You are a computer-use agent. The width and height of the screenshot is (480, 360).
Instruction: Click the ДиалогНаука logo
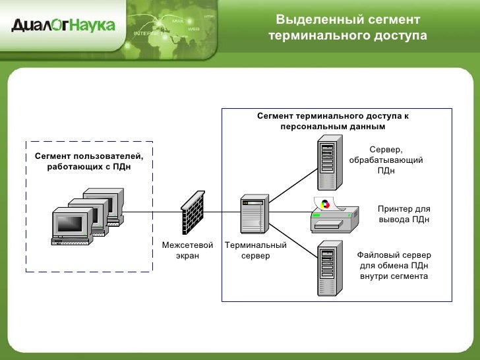click(63, 26)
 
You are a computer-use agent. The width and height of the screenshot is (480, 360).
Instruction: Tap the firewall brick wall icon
click(193, 212)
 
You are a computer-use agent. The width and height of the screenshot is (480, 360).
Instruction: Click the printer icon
click(334, 215)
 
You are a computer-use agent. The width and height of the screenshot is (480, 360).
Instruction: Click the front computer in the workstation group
click(70, 227)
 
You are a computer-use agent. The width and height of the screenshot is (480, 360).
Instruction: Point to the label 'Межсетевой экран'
click(187, 251)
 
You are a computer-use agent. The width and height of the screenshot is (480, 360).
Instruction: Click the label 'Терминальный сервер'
click(255, 251)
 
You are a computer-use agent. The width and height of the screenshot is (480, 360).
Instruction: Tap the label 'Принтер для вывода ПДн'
click(404, 214)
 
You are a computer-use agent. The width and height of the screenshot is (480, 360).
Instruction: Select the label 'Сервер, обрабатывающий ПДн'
click(386, 160)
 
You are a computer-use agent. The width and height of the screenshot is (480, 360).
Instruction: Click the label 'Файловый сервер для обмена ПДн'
click(394, 265)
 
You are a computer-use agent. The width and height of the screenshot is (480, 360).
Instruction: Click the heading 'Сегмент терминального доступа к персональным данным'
click(332, 121)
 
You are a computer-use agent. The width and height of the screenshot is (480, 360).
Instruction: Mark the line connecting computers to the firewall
click(152, 212)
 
